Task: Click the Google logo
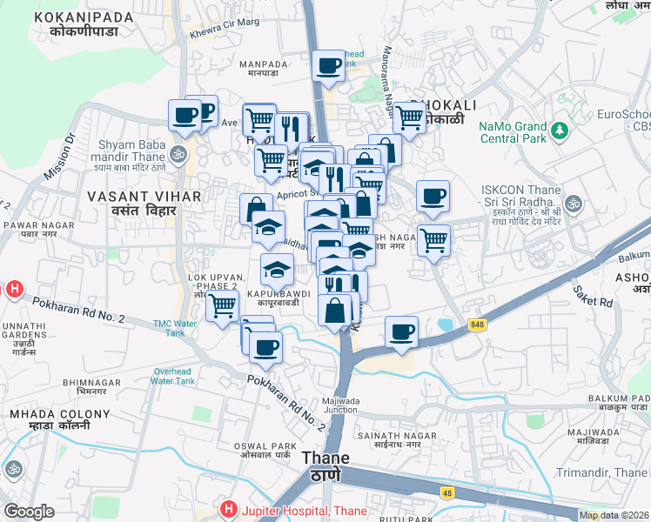tap(29, 512)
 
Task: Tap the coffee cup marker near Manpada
tap(328, 65)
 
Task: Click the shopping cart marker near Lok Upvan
tap(222, 304)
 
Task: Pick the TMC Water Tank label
tap(176, 327)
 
